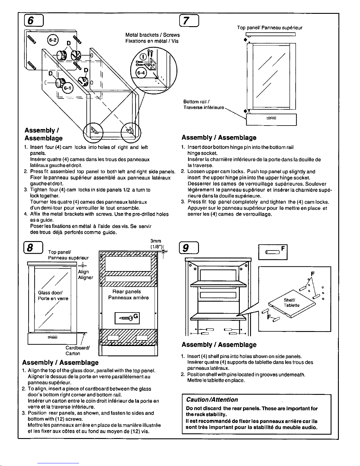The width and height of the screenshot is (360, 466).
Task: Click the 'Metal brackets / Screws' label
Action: pyautogui.click(x=152, y=35)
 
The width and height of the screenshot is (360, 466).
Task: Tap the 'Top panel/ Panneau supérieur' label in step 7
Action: pyautogui.click(x=269, y=28)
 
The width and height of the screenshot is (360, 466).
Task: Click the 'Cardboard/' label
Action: pyautogui.click(x=78, y=348)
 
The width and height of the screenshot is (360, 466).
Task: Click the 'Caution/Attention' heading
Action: pyautogui.click(x=212, y=400)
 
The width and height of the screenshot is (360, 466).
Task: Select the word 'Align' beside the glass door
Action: pyautogui.click(x=83, y=272)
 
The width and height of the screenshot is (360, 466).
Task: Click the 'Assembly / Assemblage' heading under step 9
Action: pyautogui.click(x=219, y=345)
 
